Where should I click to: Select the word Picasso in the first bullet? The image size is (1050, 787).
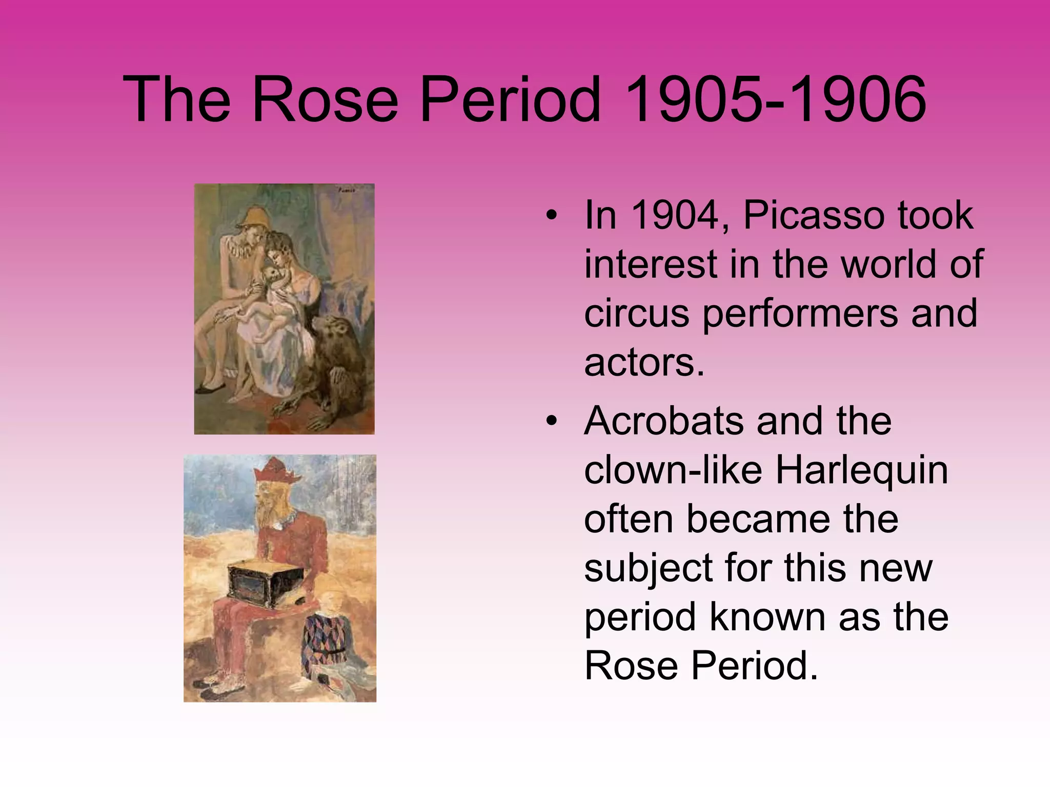point(813,215)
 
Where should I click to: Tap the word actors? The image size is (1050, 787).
point(644,362)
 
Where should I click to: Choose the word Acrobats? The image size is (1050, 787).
point(664,421)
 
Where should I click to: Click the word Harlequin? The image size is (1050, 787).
point(861,470)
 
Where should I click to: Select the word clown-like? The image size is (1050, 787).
point(673,470)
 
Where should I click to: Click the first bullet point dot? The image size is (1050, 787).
point(551,216)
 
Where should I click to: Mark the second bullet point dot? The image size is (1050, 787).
point(551,422)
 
